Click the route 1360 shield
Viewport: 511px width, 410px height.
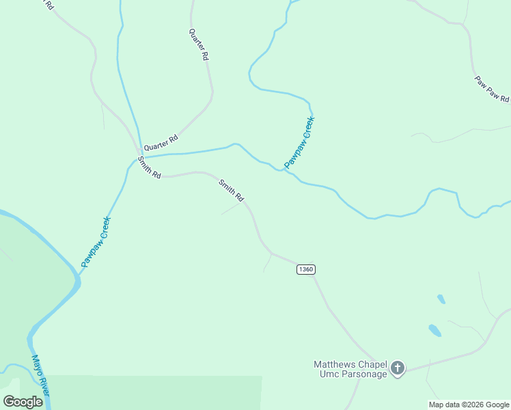305,269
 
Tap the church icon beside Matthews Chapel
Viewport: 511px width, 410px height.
398,369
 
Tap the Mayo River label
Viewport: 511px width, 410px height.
40,375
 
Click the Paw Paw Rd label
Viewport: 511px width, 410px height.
492,89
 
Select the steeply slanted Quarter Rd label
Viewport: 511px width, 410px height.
199,45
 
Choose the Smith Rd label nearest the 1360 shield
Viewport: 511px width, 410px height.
231,190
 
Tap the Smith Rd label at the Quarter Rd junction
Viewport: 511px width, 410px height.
149,167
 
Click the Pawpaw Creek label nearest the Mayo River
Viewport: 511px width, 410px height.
96,241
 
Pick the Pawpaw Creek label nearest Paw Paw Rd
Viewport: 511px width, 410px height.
299,142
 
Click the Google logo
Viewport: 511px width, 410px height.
23,402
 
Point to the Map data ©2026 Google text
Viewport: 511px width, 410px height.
469,405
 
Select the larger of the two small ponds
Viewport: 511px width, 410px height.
434,331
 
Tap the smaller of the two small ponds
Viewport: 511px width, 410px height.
441,299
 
